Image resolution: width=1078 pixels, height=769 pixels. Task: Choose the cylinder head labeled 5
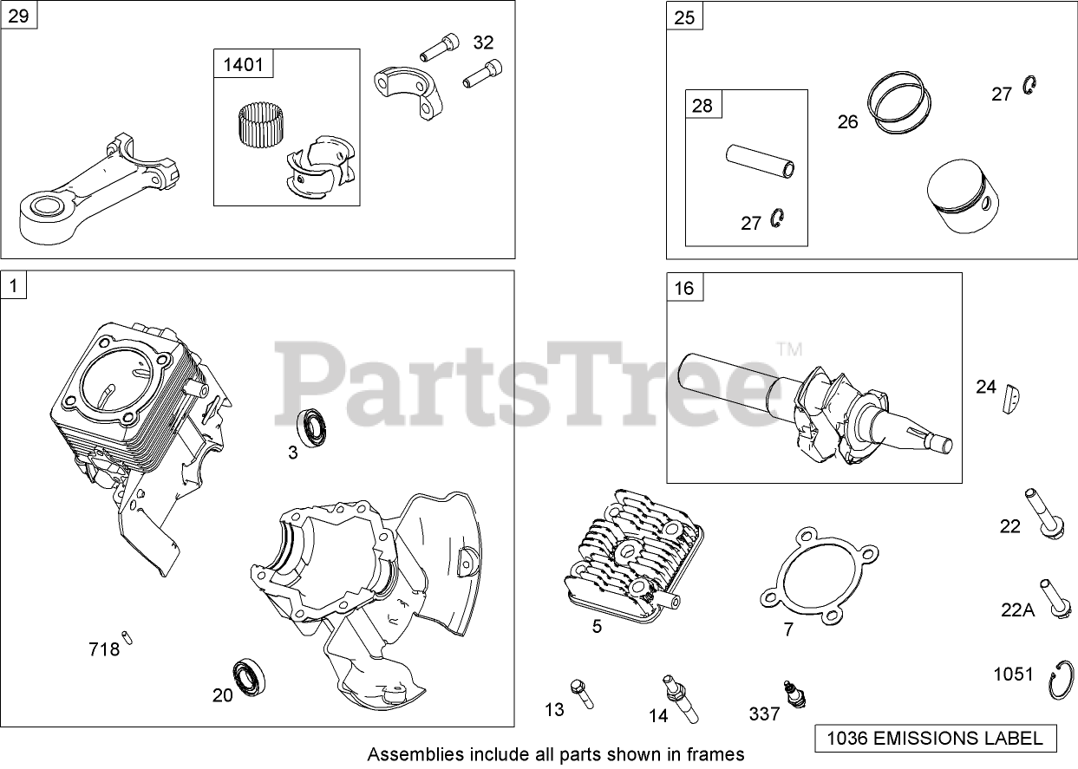(x=631, y=555)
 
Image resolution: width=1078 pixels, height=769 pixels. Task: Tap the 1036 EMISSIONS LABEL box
(x=936, y=739)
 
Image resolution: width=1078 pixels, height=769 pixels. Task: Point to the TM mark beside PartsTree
(x=789, y=350)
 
